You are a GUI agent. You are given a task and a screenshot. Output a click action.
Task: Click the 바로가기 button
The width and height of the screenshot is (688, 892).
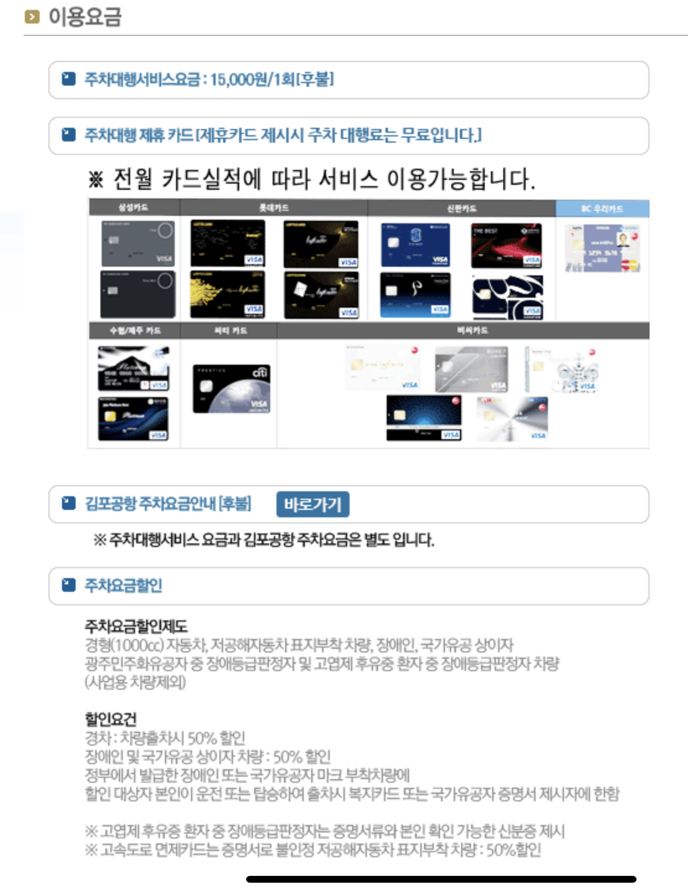(312, 504)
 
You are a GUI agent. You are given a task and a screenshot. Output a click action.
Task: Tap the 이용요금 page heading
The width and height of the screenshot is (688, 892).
(85, 17)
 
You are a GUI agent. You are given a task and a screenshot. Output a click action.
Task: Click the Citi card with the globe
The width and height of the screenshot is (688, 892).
(231, 389)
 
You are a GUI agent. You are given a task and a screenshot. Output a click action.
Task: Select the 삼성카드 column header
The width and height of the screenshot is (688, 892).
(133, 207)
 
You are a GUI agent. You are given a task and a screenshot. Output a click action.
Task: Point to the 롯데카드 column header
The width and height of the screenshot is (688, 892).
(273, 207)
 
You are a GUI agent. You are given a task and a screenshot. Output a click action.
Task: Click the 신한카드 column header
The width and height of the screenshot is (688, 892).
(461, 208)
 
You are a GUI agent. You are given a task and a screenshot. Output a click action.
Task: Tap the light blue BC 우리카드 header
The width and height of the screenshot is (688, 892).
(602, 208)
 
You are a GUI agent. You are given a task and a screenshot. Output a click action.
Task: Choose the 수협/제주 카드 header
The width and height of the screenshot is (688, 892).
(135, 330)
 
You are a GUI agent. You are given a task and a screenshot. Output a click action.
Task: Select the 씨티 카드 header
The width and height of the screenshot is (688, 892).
(230, 330)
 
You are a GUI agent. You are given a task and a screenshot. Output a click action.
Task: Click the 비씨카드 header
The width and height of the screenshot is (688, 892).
(472, 330)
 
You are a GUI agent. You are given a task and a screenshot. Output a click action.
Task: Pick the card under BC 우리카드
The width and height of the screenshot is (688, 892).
(602, 248)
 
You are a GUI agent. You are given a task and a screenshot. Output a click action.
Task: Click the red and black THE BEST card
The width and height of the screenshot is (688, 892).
(506, 246)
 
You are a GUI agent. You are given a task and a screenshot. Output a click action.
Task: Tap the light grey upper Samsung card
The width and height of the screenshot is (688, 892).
(138, 244)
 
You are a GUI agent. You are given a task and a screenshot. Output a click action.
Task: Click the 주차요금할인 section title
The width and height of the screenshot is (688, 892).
(123, 585)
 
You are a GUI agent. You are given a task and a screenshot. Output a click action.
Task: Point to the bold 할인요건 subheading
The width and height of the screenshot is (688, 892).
(110, 719)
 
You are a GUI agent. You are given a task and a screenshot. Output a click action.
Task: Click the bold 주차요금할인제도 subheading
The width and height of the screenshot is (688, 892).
(136, 626)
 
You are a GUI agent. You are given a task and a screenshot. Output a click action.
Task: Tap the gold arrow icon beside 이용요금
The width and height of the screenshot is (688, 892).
(32, 17)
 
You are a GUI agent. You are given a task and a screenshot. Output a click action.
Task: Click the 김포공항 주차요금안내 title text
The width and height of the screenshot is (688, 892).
(167, 504)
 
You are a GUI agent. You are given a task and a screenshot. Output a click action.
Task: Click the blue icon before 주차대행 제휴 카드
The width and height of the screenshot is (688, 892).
(68, 135)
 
